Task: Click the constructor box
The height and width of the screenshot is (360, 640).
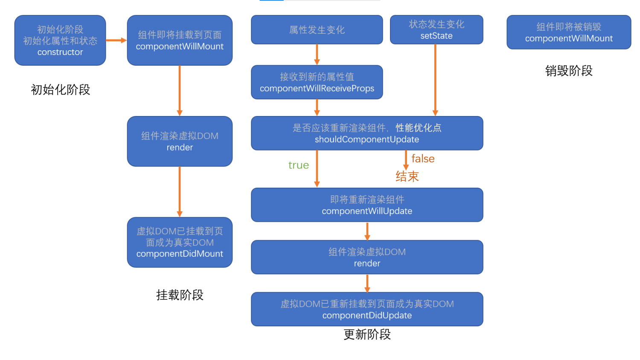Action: (x=60, y=41)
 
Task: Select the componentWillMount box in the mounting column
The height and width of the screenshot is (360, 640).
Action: (x=180, y=41)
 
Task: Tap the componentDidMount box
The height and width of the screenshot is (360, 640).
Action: (x=180, y=242)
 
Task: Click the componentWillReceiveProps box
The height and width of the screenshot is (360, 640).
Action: (x=317, y=82)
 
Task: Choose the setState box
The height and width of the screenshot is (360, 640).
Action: (x=436, y=30)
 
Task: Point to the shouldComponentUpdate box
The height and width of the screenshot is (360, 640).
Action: (x=367, y=133)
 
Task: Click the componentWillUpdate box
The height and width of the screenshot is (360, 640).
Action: (x=367, y=205)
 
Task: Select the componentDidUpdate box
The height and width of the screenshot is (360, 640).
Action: (x=367, y=309)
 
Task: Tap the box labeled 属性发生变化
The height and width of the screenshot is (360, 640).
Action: (x=317, y=30)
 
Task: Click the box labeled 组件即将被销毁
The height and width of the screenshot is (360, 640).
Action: (x=569, y=32)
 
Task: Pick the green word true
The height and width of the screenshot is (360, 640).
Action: (x=299, y=165)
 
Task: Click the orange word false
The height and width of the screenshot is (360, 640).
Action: (x=423, y=159)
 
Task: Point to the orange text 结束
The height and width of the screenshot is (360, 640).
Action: (x=407, y=176)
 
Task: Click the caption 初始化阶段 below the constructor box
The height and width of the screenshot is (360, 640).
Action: (x=60, y=90)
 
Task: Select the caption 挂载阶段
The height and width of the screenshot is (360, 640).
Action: (x=180, y=295)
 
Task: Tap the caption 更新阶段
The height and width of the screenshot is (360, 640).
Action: (x=367, y=334)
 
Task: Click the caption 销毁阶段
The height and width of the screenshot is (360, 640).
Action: (x=569, y=71)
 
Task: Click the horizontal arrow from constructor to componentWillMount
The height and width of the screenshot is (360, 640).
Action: (x=116, y=41)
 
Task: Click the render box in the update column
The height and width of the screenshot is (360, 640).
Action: (x=367, y=257)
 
